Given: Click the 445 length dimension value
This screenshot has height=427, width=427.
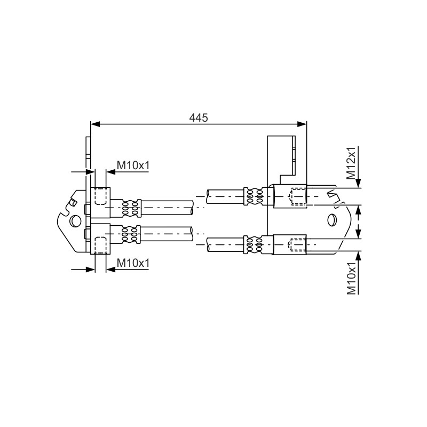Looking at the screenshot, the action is [198, 117].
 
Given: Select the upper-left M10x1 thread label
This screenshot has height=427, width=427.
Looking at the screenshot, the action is [133, 165].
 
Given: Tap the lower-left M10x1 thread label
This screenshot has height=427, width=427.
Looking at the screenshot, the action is [133, 263].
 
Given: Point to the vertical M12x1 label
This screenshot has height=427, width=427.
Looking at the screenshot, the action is [351, 163].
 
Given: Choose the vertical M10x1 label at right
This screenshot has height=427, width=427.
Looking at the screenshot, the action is [351, 278].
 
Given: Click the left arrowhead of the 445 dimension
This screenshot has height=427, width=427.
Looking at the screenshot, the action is [96, 124].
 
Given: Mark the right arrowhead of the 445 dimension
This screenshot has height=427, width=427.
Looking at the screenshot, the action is [302, 124].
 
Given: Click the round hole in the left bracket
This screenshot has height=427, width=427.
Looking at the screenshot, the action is [75, 220].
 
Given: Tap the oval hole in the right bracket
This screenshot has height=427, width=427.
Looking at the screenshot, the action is [331, 220].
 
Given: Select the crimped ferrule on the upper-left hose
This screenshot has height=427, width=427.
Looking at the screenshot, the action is [130, 208].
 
